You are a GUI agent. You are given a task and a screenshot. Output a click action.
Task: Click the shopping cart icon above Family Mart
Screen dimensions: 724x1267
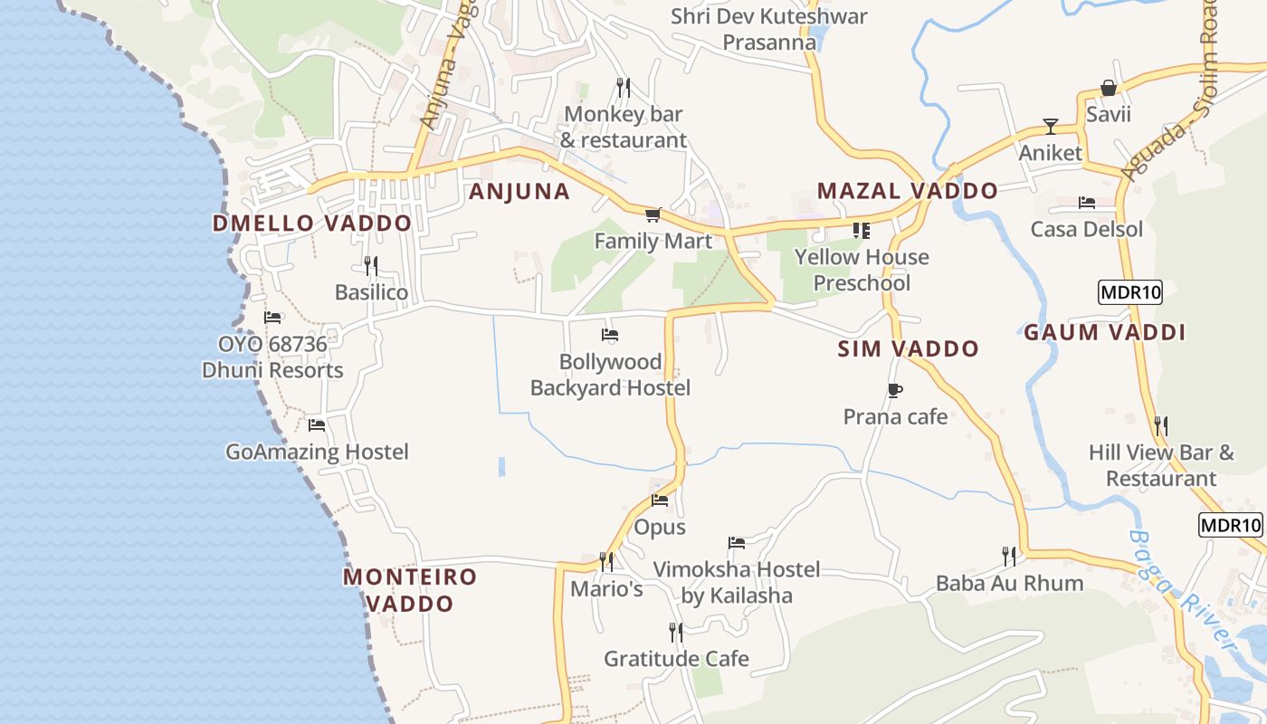(x=653, y=214)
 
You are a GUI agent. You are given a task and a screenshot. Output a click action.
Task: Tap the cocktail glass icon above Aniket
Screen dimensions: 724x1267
(x=1050, y=126)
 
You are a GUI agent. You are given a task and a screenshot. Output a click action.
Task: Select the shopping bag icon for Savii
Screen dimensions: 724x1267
(x=1108, y=88)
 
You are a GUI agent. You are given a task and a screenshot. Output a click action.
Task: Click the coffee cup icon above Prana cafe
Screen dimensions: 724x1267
(x=894, y=390)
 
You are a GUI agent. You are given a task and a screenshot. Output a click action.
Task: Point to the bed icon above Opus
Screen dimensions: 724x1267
(x=660, y=500)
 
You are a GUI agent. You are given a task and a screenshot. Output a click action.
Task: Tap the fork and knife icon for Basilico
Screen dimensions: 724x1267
(x=371, y=265)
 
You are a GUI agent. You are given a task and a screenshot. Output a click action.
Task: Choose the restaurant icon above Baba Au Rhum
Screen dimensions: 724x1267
(x=1009, y=556)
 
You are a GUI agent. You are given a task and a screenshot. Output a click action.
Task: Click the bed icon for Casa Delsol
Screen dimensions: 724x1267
(x=1087, y=203)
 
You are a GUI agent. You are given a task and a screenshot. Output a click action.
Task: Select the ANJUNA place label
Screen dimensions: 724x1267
(x=519, y=191)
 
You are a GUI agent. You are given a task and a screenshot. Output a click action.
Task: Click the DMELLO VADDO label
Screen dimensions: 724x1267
(x=312, y=223)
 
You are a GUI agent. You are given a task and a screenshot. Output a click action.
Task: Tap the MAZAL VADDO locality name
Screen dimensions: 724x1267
(x=907, y=191)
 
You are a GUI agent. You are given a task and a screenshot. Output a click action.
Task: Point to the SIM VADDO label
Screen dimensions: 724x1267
(x=908, y=348)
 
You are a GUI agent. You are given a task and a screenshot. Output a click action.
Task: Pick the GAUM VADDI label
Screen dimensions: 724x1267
(x=1104, y=332)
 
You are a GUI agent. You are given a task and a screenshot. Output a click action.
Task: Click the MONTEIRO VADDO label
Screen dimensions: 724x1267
(x=410, y=589)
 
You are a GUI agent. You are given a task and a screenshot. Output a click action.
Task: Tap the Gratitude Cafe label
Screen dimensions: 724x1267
(x=676, y=658)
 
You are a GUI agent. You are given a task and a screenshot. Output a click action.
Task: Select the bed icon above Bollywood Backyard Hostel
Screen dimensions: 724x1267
(x=610, y=335)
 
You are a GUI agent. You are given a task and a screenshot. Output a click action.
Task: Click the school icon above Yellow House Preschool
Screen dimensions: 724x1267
(x=861, y=231)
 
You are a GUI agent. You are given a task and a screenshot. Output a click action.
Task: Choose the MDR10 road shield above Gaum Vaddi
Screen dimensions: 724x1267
(x=1129, y=292)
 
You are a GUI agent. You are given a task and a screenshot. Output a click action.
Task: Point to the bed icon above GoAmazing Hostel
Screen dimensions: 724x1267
(x=317, y=424)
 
